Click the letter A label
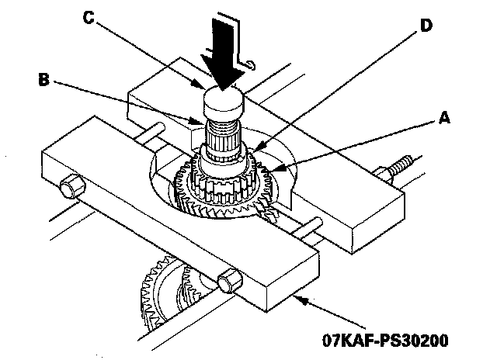pyautogui.click(x=443, y=117)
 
